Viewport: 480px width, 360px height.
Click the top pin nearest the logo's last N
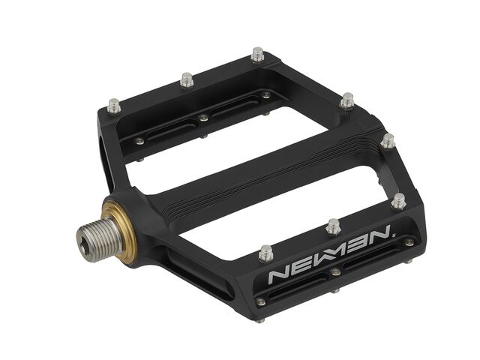[398, 200]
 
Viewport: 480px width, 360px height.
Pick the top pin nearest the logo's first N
[265, 253]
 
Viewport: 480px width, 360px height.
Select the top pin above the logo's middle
[334, 226]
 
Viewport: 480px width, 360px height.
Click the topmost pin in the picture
[258, 54]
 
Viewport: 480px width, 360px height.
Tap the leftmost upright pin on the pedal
[114, 106]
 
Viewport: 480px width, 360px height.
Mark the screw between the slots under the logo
[337, 272]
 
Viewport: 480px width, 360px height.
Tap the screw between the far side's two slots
[203, 118]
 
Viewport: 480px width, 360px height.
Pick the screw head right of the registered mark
[409, 242]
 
